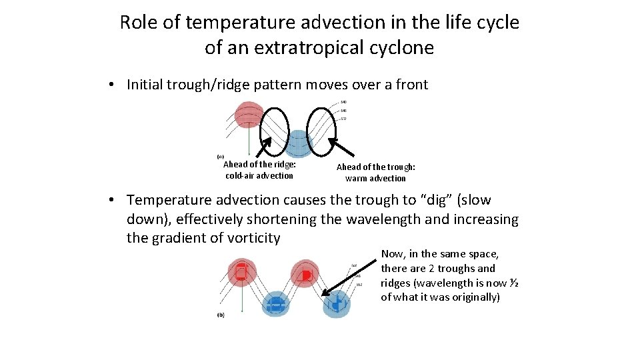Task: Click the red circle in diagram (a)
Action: point(248,117)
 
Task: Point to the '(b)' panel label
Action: point(221,314)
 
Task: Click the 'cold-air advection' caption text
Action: point(259,176)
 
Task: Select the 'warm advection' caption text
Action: point(375,179)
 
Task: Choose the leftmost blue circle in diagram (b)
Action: point(274,305)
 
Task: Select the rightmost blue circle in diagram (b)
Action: point(337,303)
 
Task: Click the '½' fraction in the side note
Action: point(513,283)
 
